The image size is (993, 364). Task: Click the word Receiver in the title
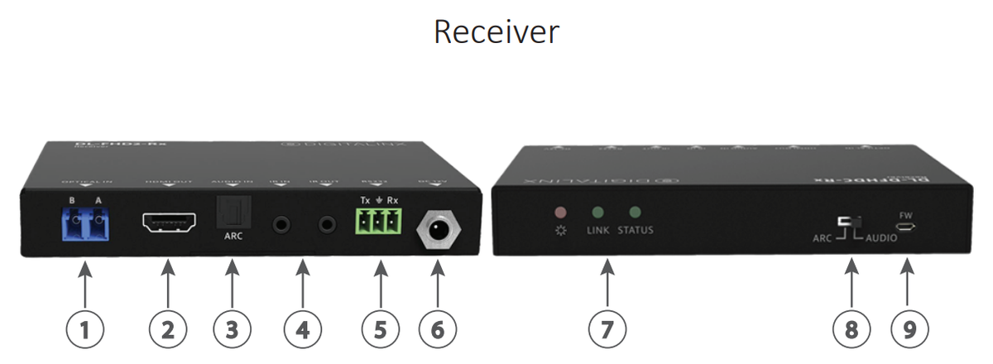coord(496,32)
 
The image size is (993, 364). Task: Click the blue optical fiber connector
coord(89,219)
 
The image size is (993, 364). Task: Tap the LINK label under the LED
coord(597,230)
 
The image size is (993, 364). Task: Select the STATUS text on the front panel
coord(636,230)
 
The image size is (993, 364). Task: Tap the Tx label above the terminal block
coord(366,200)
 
